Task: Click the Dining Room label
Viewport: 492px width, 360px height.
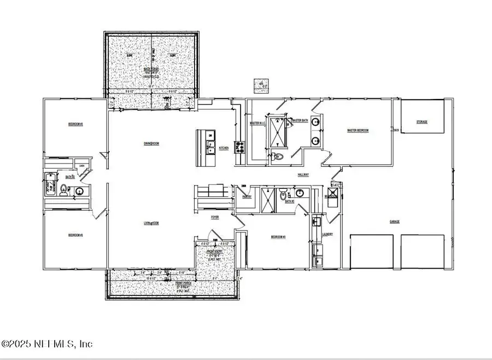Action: (x=151, y=143)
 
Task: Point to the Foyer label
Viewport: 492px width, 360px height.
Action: (x=215, y=217)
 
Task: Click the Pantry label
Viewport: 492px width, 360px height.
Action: (x=247, y=196)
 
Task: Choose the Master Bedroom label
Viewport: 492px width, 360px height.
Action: (x=358, y=130)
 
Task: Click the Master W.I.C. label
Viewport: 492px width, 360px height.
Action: (x=257, y=123)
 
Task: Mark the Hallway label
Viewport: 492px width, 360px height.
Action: (x=303, y=175)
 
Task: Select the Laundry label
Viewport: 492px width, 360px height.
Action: (x=327, y=234)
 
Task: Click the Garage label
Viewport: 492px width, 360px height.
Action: (x=394, y=222)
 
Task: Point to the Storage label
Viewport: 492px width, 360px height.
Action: (x=421, y=122)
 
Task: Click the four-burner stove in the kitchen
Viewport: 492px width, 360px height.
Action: (x=239, y=146)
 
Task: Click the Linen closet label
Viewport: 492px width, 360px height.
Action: (x=82, y=166)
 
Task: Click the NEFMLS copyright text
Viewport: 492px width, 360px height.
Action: (x=48, y=344)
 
